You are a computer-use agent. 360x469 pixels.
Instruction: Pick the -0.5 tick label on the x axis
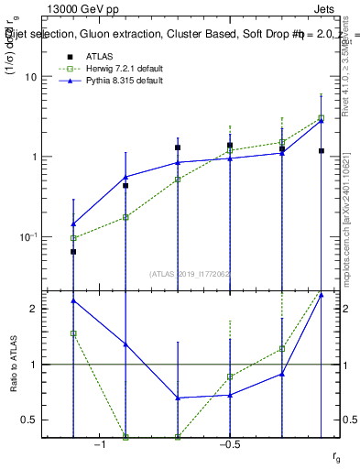[229, 444]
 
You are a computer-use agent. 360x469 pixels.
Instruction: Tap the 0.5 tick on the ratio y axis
[29, 420]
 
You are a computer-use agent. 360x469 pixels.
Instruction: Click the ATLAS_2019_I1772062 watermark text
[191, 273]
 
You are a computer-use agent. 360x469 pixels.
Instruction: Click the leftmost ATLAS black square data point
[73, 251]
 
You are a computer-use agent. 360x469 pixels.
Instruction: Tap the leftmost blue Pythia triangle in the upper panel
[73, 224]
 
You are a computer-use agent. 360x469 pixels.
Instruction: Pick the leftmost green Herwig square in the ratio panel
[73, 333]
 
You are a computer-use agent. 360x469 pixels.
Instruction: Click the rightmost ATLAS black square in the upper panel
[322, 150]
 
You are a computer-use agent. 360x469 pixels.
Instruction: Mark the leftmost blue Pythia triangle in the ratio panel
[73, 300]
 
